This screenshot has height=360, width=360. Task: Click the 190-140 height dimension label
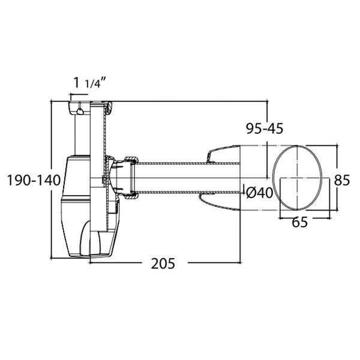[x=34, y=180]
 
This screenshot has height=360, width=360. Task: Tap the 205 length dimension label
[x=163, y=263]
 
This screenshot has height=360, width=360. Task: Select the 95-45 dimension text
[x=265, y=128]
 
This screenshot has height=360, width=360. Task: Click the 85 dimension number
[x=342, y=180]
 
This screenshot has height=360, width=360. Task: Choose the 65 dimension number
[x=299, y=222]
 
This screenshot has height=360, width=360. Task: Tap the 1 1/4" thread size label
[x=89, y=83]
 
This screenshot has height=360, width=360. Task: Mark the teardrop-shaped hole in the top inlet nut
[x=80, y=111]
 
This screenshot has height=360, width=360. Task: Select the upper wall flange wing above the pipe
[x=223, y=154]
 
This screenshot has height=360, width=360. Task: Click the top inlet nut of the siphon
[x=79, y=107]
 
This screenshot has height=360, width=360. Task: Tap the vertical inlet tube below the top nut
[x=82, y=134]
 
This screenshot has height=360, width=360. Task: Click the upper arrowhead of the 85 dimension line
[x=337, y=146]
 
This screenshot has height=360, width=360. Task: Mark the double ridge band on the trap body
[x=76, y=198]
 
